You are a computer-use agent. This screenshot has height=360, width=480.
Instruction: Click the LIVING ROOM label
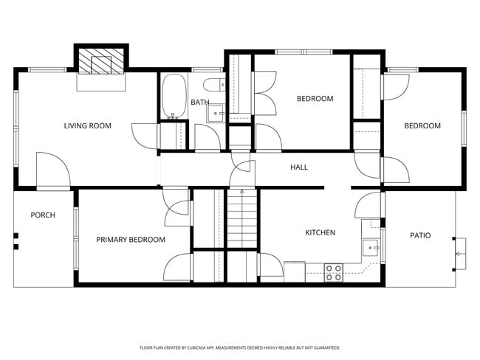coord(87,126)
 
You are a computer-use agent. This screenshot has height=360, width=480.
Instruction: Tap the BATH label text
coord(199,103)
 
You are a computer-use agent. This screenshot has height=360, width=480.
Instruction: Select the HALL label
coord(299,167)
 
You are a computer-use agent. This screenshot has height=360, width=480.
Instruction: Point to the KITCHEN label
coord(320,233)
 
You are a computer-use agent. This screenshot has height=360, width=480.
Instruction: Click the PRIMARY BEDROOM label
coord(131,240)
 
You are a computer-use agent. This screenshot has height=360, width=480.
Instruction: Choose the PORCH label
coord(43,215)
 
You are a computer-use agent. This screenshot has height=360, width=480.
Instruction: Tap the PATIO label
coord(420,236)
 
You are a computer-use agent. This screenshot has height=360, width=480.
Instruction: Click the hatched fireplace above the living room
coord(101,62)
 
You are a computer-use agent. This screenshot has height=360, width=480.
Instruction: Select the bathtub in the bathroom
coord(174,97)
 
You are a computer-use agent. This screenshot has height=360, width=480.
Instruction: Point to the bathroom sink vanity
coord(216,112)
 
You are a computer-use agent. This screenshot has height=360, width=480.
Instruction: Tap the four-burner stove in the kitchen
coord(334,271)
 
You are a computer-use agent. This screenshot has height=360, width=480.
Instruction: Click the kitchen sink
coord(369,246)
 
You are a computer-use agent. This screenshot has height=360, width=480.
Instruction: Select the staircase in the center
coord(241,218)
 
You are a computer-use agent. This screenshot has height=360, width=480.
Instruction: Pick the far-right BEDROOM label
coord(422,126)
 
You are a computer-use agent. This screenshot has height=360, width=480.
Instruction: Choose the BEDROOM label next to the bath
coord(315,99)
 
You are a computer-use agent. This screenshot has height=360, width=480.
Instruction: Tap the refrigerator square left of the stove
coord(295,271)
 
